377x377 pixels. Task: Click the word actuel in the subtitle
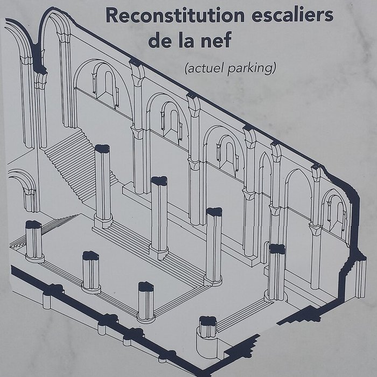[202, 68]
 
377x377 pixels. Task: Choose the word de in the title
[159, 41]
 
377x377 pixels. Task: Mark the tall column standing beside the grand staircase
[102, 183]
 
